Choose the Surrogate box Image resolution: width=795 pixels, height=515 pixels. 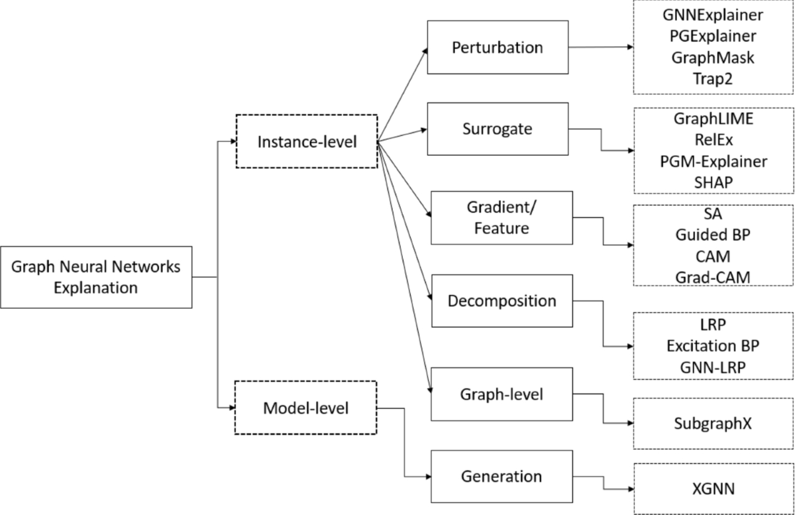click(x=497, y=129)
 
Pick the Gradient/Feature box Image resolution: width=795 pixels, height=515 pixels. click(x=502, y=218)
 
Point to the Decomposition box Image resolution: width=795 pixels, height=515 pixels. click(x=502, y=301)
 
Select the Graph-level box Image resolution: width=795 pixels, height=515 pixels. click(x=502, y=394)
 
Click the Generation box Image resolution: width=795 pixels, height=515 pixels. click(x=502, y=476)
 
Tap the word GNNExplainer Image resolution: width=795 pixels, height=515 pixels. click(x=714, y=15)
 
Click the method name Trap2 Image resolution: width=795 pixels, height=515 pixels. click(x=714, y=78)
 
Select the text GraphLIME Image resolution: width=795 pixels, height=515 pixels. click(x=714, y=120)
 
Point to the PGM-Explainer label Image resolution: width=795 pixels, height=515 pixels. click(x=714, y=162)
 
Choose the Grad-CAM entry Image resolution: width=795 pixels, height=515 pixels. click(x=714, y=276)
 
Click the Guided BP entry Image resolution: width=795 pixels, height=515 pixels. click(x=714, y=235)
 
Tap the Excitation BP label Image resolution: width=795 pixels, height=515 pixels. click(x=714, y=345)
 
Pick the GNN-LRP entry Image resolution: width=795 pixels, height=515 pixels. click(x=714, y=367)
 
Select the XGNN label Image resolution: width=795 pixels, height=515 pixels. click(x=714, y=489)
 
